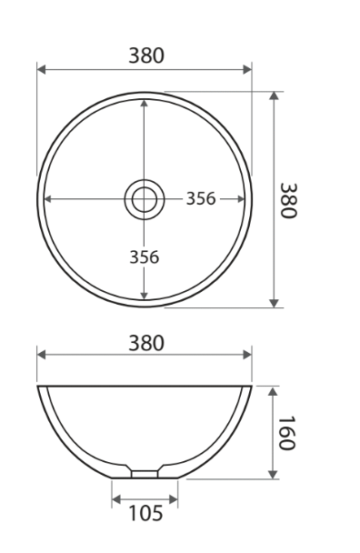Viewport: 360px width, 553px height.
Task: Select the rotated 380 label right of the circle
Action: click(288, 199)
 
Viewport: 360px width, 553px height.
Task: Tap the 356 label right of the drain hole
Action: click(201, 199)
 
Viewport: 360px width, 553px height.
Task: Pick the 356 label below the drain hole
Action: click(144, 256)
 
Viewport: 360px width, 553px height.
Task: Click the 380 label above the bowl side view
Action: click(145, 344)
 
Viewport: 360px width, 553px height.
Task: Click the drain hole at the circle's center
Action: click(144, 198)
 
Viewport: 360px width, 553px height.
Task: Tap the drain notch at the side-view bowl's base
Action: click(145, 474)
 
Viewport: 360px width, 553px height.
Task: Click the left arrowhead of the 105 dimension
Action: click(115, 498)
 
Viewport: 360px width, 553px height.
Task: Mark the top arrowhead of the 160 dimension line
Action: click(273, 390)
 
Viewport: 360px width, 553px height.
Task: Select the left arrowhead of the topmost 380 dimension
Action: click(41, 69)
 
